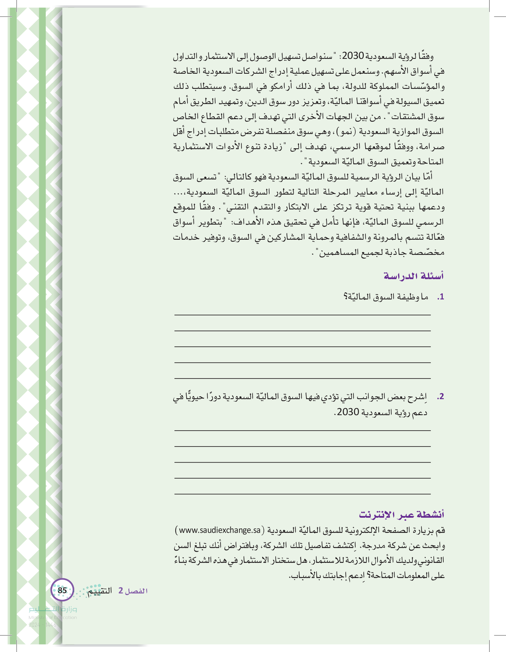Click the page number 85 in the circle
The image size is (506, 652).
[62, 590]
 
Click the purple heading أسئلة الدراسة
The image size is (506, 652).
[413, 276]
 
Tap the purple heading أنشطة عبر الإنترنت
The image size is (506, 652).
[401, 514]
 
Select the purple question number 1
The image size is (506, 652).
[441, 297]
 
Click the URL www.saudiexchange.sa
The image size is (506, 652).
[220, 530]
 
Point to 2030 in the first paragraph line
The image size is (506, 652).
[353, 56]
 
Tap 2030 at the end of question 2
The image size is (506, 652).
[348, 412]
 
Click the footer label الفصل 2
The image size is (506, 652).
[133, 591]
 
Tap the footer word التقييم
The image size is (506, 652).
[99, 591]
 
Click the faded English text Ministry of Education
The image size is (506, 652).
[53, 617]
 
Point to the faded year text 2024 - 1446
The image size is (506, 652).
[42, 625]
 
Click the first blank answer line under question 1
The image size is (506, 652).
[302, 315]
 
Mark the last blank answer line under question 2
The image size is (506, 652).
[302, 494]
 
